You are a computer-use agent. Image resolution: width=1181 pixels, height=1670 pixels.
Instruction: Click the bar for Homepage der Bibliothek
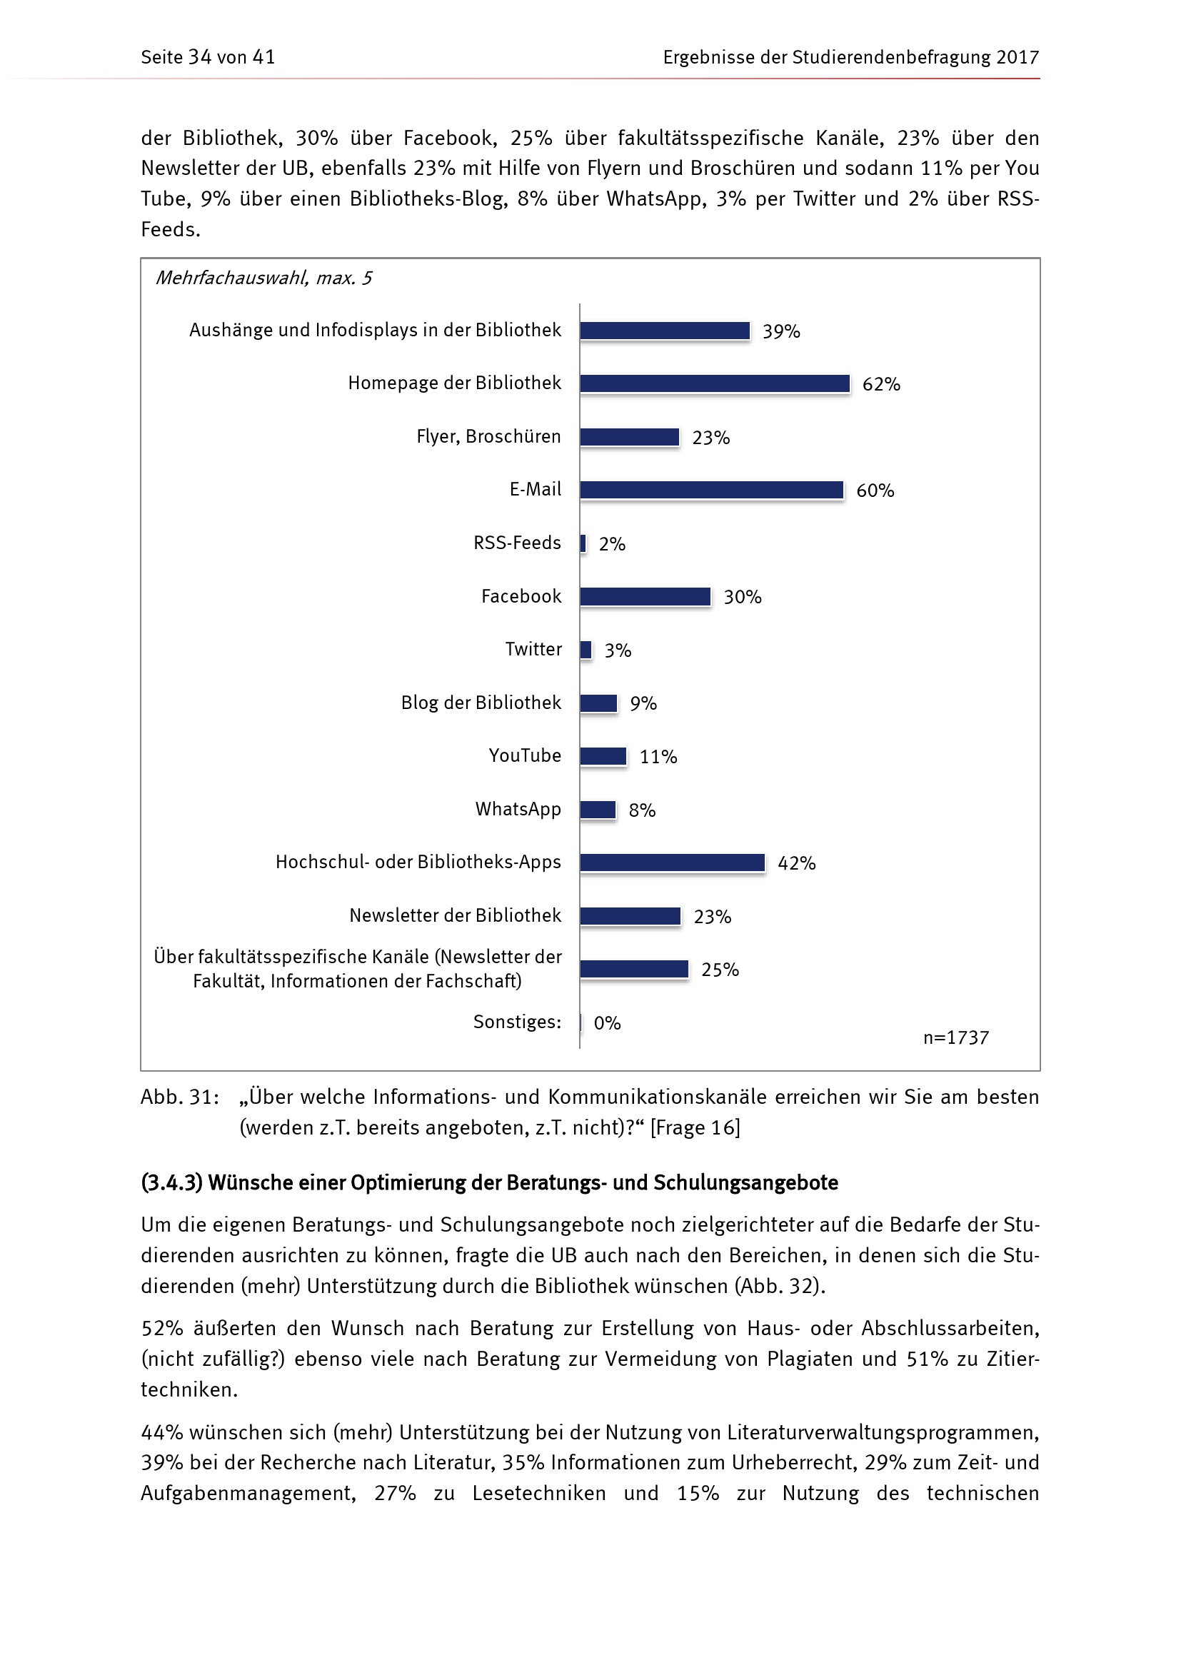click(x=714, y=383)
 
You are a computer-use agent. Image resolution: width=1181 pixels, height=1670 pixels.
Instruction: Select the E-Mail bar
click(x=711, y=491)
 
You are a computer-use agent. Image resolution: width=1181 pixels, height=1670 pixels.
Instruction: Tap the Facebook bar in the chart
click(x=645, y=596)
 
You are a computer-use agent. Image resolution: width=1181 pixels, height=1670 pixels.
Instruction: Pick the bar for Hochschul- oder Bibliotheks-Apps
click(x=672, y=862)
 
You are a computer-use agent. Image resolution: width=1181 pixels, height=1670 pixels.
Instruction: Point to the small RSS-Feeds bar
click(x=583, y=543)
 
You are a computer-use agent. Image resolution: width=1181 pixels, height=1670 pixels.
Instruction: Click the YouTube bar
click(x=603, y=756)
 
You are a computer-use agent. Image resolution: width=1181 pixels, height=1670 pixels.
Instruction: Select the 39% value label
click(x=781, y=332)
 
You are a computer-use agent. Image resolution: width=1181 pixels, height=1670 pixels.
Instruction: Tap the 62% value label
click(x=880, y=384)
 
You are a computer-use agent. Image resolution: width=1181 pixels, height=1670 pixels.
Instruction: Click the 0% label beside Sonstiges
click(x=607, y=1023)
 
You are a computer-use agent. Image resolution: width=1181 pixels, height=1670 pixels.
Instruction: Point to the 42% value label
click(x=796, y=863)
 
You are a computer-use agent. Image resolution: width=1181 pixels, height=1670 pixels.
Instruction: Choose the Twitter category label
click(x=533, y=649)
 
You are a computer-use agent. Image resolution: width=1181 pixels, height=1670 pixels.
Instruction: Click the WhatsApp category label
click(x=518, y=809)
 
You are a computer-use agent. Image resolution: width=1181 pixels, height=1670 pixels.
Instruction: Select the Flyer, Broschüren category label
click(x=488, y=436)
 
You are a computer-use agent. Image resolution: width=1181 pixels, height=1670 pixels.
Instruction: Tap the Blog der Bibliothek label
click(x=481, y=703)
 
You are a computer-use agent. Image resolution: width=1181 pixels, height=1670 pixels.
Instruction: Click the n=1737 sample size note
click(x=955, y=1038)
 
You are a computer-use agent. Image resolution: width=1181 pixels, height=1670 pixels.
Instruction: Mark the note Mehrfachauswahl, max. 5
click(x=263, y=278)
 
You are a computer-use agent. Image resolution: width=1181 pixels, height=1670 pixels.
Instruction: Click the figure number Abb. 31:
click(x=180, y=1097)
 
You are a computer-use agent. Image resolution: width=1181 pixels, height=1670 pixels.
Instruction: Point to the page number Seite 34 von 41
click(x=208, y=57)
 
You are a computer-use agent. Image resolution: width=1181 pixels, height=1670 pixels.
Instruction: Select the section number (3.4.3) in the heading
click(x=171, y=1182)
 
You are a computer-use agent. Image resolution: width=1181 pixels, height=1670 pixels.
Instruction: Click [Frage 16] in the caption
click(x=695, y=1127)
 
